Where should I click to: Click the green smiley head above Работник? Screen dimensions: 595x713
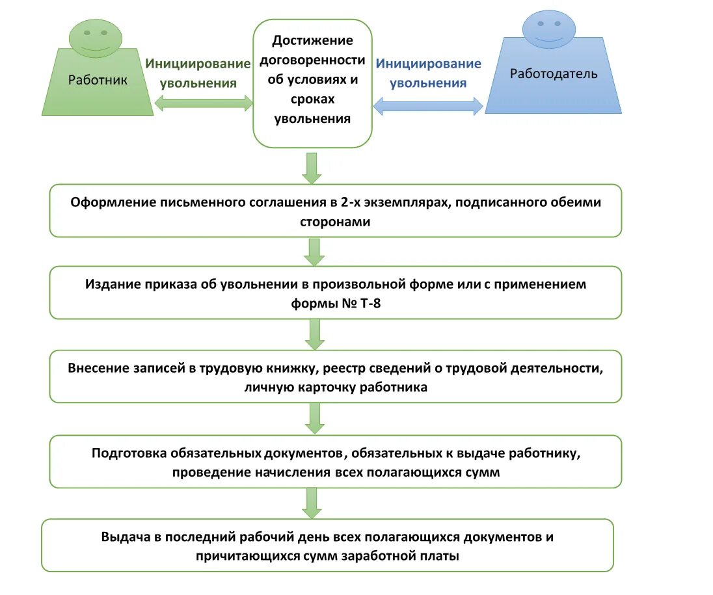click(95, 38)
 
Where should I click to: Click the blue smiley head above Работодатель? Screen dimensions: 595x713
click(548, 27)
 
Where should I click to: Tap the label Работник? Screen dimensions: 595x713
click(98, 80)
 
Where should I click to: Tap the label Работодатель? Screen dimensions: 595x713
click(553, 73)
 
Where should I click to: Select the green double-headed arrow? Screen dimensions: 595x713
click(204, 103)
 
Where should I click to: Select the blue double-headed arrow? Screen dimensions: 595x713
click(428, 105)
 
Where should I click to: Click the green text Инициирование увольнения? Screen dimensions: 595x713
click(198, 73)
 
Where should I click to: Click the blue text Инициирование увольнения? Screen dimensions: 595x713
click(429, 73)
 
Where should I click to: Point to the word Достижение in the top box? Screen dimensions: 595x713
click(312, 41)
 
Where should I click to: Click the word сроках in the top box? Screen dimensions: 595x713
click(312, 99)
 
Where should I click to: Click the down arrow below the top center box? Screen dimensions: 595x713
click(312, 168)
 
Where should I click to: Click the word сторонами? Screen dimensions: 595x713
click(335, 222)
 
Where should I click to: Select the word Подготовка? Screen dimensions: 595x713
click(129, 453)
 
